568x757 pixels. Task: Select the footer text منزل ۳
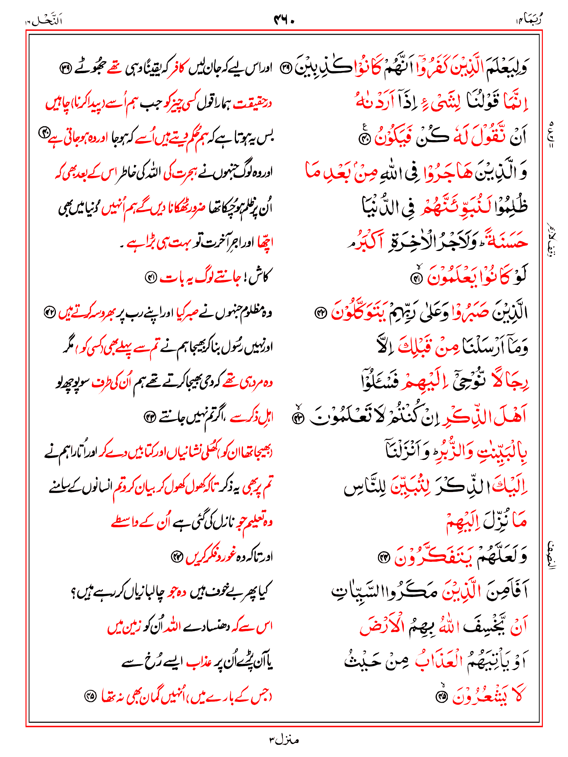tap(284, 740)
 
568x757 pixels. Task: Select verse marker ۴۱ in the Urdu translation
tap(151, 278)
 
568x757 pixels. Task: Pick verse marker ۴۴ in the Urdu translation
tap(177, 556)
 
